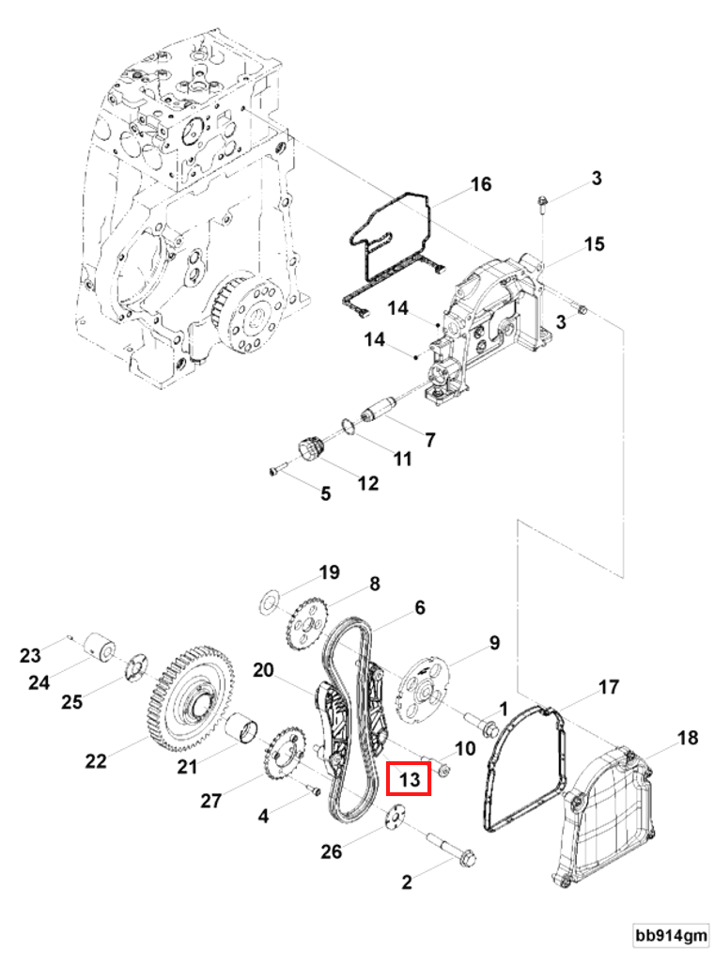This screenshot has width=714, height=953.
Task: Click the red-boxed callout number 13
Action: pyautogui.click(x=409, y=779)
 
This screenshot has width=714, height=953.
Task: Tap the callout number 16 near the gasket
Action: pyautogui.click(x=480, y=184)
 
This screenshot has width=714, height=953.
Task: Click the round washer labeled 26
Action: pyautogui.click(x=395, y=816)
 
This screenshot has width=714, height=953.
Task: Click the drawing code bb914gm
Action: pyautogui.click(x=670, y=935)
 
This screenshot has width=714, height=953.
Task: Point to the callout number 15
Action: pyautogui.click(x=594, y=245)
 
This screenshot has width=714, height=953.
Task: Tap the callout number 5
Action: pyautogui.click(x=325, y=492)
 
